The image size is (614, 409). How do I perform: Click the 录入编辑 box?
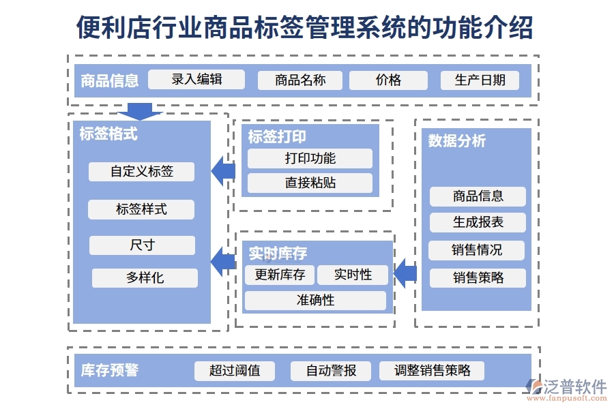(x=196, y=80)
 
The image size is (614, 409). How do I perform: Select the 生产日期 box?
(x=480, y=80)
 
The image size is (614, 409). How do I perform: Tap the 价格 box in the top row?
(x=388, y=80)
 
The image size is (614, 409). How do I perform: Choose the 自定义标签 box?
(x=141, y=172)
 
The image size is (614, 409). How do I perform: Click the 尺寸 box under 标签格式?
(x=142, y=245)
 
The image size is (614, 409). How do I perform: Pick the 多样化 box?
(x=145, y=278)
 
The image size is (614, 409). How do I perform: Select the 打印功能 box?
(x=310, y=159)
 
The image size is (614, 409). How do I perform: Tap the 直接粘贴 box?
(x=310, y=183)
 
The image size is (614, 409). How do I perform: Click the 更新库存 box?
(x=280, y=275)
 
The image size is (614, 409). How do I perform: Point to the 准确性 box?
(x=315, y=301)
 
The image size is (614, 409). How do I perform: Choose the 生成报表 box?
(x=478, y=222)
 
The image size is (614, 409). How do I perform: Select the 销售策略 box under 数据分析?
(x=478, y=278)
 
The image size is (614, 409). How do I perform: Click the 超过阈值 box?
(x=235, y=371)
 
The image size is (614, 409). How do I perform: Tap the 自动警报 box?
(x=331, y=371)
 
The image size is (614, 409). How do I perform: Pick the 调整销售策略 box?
(x=432, y=371)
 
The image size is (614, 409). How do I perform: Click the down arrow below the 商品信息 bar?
(x=140, y=112)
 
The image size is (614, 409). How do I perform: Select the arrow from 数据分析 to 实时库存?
(x=405, y=273)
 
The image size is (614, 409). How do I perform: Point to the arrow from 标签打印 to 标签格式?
(x=222, y=170)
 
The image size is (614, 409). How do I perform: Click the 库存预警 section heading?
(x=110, y=370)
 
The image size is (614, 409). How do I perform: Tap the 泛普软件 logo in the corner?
(x=566, y=389)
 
